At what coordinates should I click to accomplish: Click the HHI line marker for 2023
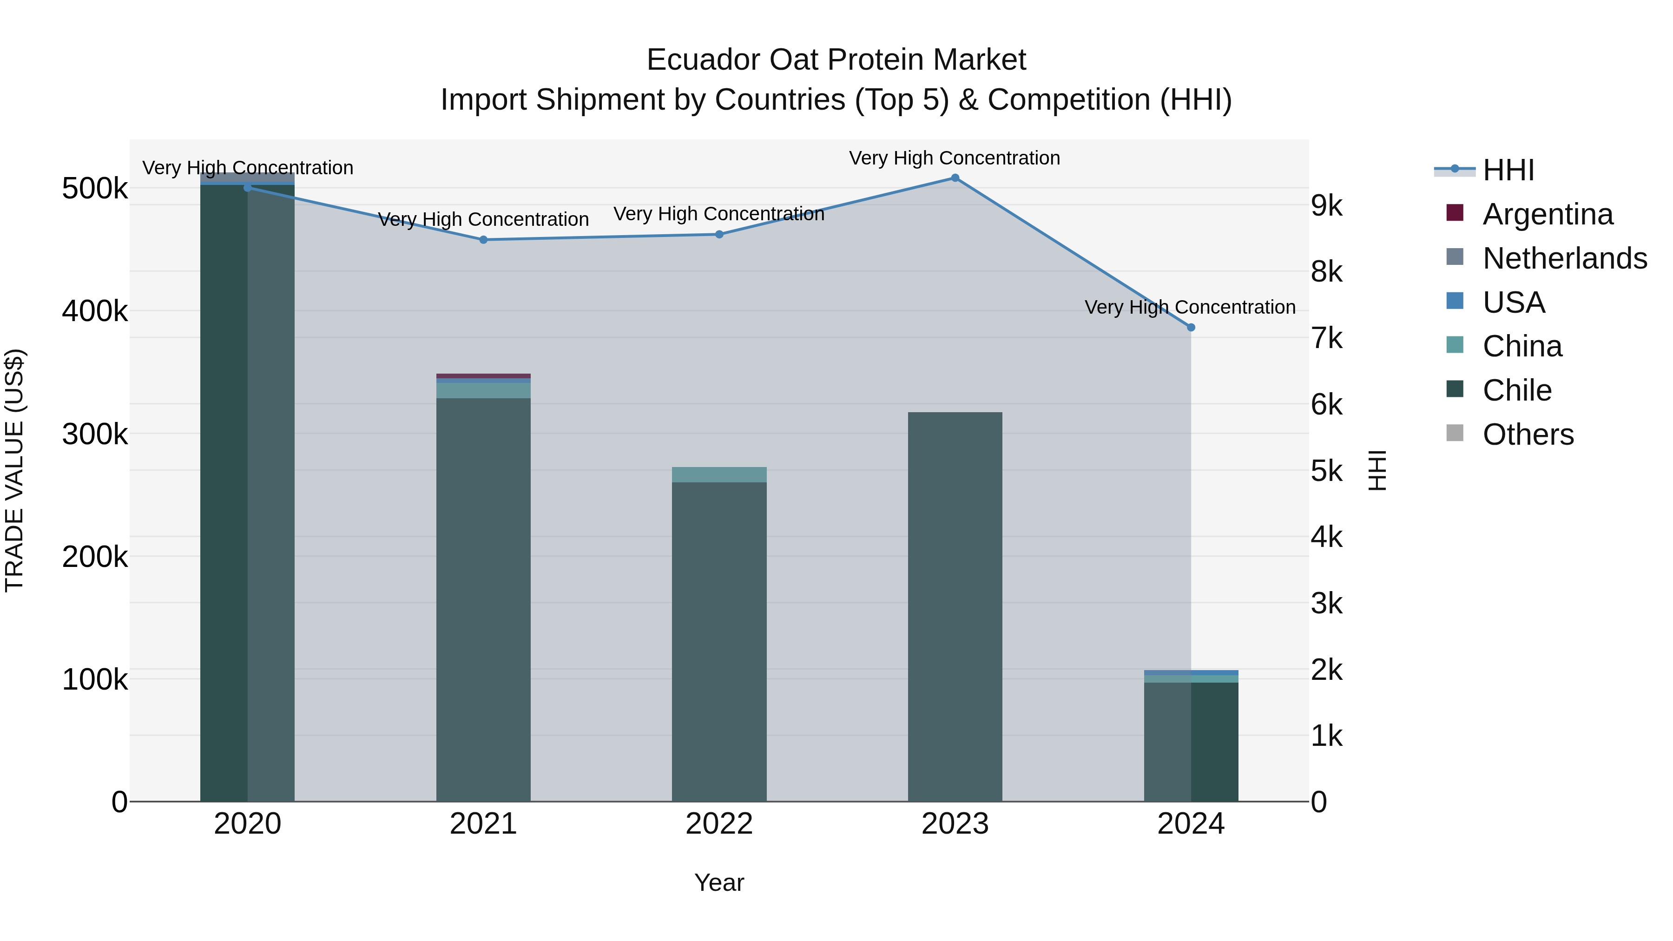click(x=955, y=178)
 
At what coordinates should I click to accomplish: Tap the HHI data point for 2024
click(x=1191, y=327)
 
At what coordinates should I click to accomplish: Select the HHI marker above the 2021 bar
click(x=483, y=240)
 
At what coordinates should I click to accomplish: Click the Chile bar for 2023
click(x=955, y=604)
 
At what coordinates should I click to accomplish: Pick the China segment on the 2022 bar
click(x=719, y=475)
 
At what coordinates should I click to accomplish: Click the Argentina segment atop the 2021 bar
click(x=483, y=376)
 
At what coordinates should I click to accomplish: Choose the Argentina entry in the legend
click(x=1548, y=214)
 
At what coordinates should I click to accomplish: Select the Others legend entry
click(x=1528, y=434)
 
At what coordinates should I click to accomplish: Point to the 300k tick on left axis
click(x=95, y=434)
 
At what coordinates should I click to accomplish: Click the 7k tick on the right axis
click(x=1326, y=338)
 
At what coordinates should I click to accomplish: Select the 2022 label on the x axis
click(x=719, y=824)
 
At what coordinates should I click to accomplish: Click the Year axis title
click(x=719, y=882)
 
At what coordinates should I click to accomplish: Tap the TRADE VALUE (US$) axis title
click(x=15, y=470)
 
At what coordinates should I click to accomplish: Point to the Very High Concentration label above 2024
click(x=1190, y=307)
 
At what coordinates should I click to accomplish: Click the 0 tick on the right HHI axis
click(x=1319, y=803)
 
